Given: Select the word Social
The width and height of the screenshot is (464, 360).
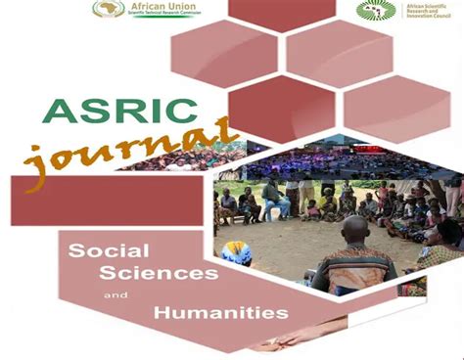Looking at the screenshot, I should [x=101, y=251].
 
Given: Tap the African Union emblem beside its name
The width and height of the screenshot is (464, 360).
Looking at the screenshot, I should [x=108, y=9].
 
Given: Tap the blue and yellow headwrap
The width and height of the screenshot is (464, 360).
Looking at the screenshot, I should [x=238, y=252].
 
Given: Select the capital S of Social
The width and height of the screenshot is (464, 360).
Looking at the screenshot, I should [x=76, y=251].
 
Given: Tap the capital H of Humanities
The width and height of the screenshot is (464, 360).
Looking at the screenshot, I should [x=162, y=313].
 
